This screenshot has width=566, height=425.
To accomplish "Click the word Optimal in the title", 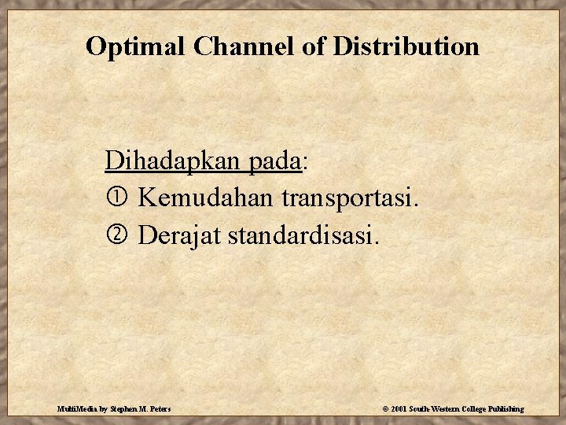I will [134, 46].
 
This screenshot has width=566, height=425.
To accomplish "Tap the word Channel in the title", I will [243, 46].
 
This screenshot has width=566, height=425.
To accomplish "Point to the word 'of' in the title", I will [314, 46].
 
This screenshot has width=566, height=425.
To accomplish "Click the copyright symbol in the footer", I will [384, 409].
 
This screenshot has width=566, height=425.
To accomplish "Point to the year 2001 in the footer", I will [398, 409].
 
